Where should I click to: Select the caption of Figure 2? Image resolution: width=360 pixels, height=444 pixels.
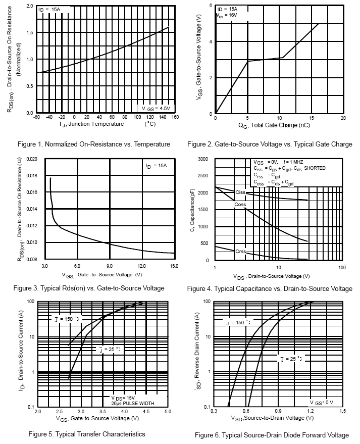pyautogui.click(x=270, y=144)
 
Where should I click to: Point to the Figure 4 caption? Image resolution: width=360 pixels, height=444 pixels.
pyautogui.click(x=270, y=289)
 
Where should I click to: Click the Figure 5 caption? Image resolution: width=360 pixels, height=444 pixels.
pyautogui.click(x=87, y=434)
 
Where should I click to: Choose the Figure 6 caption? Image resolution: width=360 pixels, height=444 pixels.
pyautogui.click(x=272, y=435)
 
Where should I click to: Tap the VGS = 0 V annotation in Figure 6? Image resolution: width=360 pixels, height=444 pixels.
pyautogui.click(x=322, y=402)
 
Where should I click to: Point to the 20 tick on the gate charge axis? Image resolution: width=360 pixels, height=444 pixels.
pyautogui.click(x=343, y=118)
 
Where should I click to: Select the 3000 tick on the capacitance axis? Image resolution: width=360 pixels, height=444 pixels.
pyautogui.click(x=202, y=159)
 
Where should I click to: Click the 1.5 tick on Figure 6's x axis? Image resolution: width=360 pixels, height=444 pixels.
pyautogui.click(x=343, y=412)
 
